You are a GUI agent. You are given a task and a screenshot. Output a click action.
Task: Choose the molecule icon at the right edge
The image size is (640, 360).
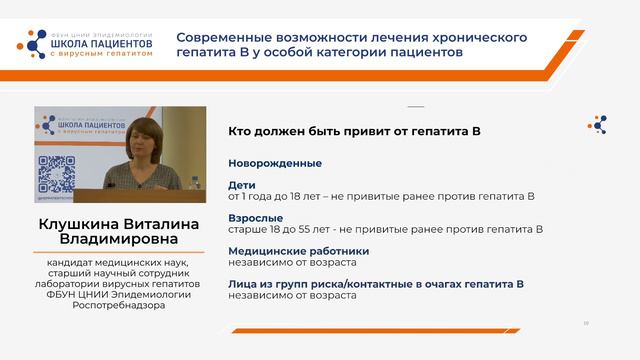(x=600, y=124)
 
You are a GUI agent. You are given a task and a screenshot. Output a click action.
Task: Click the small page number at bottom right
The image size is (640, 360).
(x=586, y=323)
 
